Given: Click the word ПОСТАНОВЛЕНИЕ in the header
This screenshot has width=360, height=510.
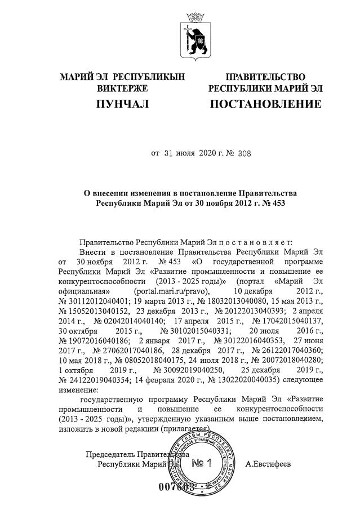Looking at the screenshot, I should [265, 104].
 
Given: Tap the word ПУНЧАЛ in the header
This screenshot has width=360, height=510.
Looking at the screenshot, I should [122, 104].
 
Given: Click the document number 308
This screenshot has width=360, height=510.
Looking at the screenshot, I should [224, 152].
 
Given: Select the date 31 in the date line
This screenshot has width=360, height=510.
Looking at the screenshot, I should [170, 152].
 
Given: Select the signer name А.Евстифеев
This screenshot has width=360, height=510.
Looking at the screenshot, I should [269, 464].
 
